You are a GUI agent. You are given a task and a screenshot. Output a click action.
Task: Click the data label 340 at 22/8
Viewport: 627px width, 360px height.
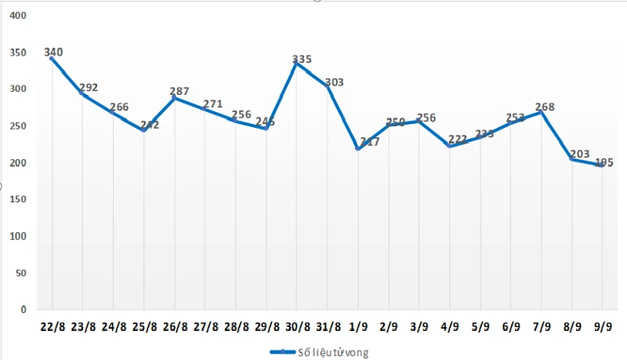tap(54, 53)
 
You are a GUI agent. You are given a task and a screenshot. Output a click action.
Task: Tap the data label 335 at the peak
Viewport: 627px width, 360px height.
tap(302, 59)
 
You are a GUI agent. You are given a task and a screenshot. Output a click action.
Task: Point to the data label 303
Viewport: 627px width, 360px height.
tap(333, 82)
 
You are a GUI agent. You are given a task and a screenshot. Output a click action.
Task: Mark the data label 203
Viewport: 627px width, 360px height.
tap(580, 155)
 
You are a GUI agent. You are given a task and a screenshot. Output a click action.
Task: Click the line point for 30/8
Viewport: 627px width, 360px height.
tap(295, 64)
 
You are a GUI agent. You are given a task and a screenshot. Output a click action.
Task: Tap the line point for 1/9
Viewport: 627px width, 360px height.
tap(358, 149)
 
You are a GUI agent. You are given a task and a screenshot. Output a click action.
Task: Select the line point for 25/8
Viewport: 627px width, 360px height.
tap(143, 131)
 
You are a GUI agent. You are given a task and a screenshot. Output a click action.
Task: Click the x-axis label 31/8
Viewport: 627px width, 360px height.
tap(328, 325)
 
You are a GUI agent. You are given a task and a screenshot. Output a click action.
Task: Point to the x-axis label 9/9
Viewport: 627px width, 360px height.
tap(603, 325)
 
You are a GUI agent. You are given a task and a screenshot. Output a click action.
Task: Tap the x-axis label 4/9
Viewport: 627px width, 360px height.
tap(450, 325)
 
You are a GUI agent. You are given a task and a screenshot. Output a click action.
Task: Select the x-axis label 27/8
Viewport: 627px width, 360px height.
tap(205, 325)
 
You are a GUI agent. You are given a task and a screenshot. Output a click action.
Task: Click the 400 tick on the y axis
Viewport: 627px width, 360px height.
tap(16, 16)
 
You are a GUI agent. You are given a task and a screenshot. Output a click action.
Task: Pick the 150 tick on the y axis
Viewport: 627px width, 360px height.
tap(16, 199)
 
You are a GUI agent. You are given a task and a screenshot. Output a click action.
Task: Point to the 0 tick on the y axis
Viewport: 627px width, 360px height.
tap(23, 310)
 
